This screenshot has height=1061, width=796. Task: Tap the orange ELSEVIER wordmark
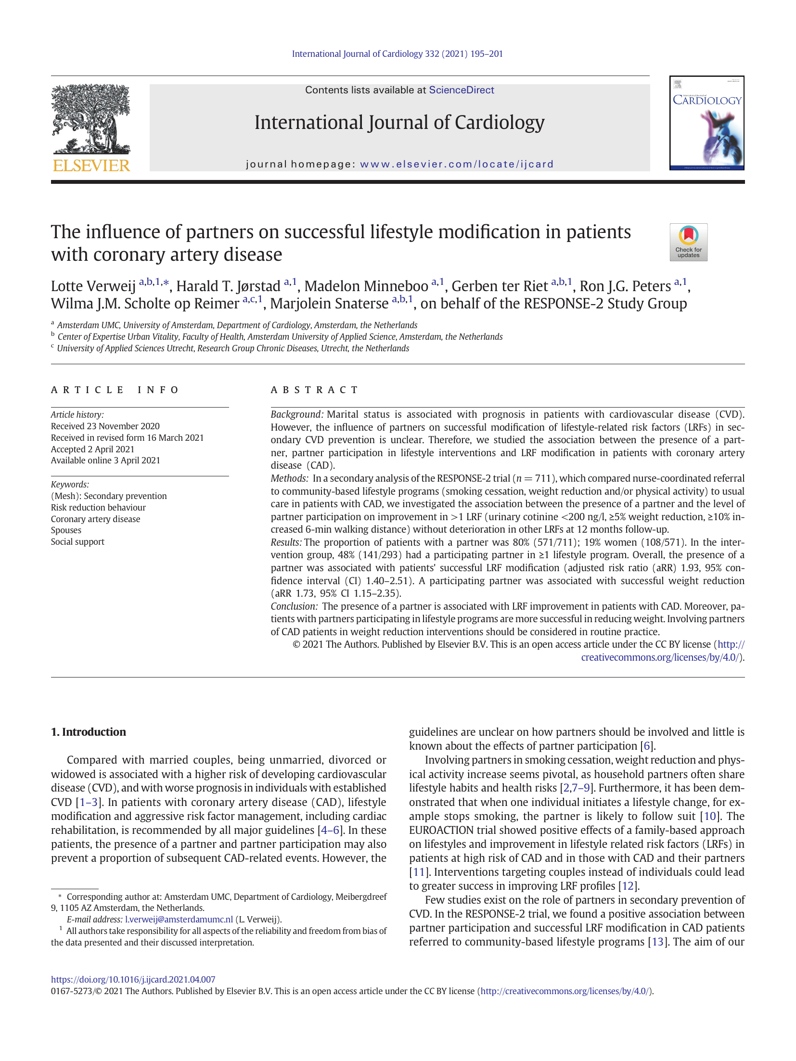(91, 166)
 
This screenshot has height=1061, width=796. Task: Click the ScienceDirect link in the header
(461, 90)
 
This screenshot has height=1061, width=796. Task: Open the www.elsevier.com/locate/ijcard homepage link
(457, 164)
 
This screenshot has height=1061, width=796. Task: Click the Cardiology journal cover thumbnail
(706, 123)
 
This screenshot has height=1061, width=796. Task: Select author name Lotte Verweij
(93, 286)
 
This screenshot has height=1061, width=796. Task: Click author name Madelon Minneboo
(366, 286)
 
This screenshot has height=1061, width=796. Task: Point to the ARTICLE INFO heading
(115, 390)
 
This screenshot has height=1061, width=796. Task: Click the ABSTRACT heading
(315, 390)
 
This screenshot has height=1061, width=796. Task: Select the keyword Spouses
(66, 530)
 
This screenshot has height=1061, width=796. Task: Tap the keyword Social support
(77, 542)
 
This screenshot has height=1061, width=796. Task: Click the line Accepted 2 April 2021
(92, 449)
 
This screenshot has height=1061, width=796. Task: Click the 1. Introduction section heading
(89, 732)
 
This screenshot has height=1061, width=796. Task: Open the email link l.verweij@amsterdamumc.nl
(179, 920)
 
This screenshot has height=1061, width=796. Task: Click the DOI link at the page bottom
(133, 979)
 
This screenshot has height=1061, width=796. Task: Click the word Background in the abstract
(296, 414)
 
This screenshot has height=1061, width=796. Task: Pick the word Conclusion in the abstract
(294, 606)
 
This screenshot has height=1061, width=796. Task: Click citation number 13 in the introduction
(657, 942)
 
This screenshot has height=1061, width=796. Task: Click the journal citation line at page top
(397, 54)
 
